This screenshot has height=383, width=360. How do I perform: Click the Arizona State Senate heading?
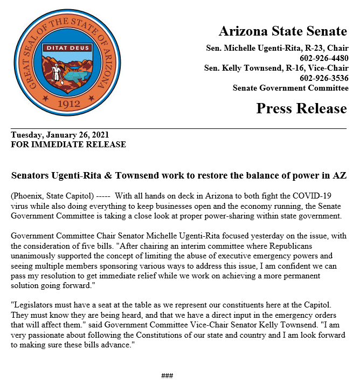(x=282, y=31)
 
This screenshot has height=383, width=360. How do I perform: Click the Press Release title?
(x=301, y=108)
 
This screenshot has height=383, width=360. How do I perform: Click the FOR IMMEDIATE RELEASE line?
(x=68, y=145)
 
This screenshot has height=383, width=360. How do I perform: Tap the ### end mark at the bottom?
(x=167, y=375)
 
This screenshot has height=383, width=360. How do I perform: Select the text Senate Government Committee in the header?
(x=290, y=88)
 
